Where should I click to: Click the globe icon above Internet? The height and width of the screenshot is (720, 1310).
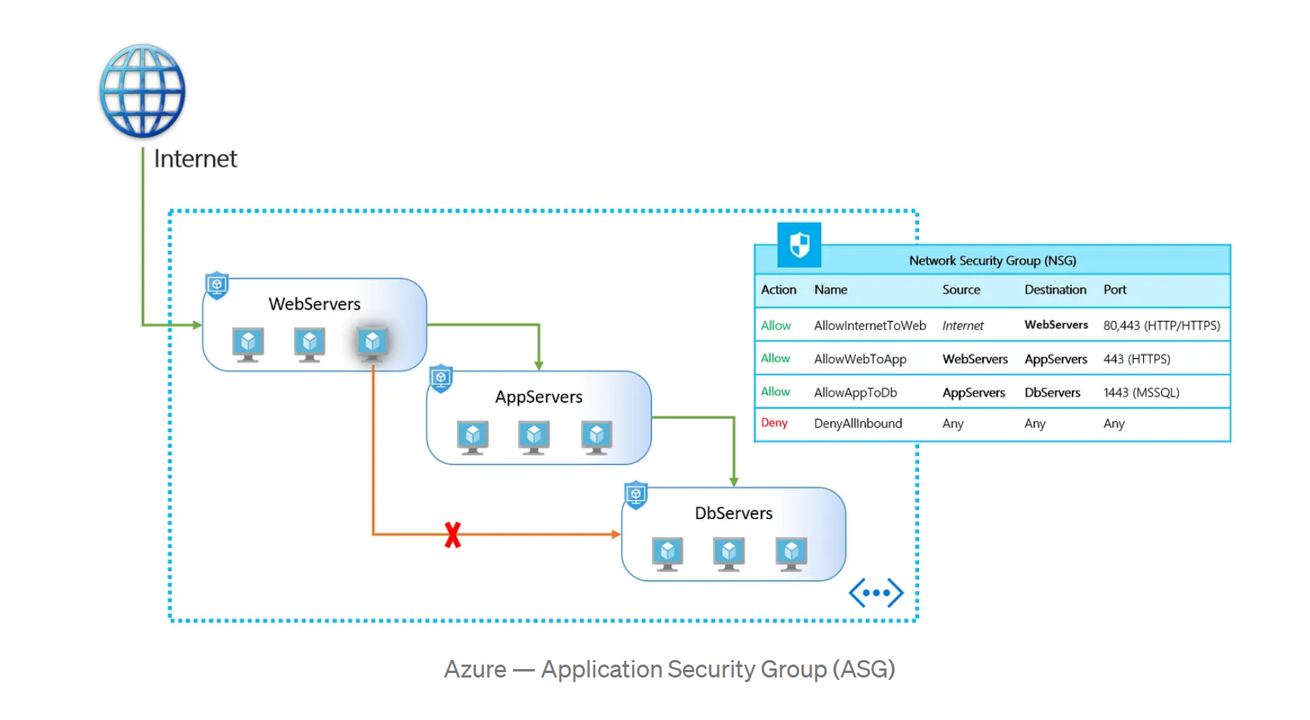pos(142,91)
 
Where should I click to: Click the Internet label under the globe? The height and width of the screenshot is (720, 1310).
pos(195,159)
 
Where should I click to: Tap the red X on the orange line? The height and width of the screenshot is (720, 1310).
pos(452,535)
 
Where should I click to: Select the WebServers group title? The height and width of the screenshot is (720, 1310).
pos(314,304)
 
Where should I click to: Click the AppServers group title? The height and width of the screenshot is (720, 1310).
pos(538,397)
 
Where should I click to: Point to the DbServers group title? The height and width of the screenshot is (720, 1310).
pos(733,514)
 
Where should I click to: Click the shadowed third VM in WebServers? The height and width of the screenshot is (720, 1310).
pos(372,343)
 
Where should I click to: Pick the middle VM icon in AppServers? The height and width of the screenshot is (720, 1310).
pos(534,436)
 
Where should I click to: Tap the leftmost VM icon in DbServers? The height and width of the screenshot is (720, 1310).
pos(667,553)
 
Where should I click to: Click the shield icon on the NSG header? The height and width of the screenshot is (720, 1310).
pos(799,245)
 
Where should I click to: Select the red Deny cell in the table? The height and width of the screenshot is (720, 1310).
pos(774,423)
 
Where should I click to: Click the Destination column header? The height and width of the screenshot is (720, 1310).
pos(1055,290)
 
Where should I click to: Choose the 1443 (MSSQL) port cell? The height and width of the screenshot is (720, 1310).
pos(1141,392)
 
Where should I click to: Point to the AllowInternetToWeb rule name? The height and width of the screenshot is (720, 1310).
pos(870,325)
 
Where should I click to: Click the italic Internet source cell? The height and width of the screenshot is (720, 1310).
pos(962,325)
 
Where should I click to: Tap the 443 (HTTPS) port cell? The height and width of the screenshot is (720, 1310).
pos(1136,359)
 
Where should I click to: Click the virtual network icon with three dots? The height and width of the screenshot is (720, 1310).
pos(876,593)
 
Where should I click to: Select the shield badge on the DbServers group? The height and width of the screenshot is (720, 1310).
pos(636,495)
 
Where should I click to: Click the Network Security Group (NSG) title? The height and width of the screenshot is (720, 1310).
pos(992,260)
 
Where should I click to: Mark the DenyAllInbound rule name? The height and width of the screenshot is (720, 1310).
pos(858,423)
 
